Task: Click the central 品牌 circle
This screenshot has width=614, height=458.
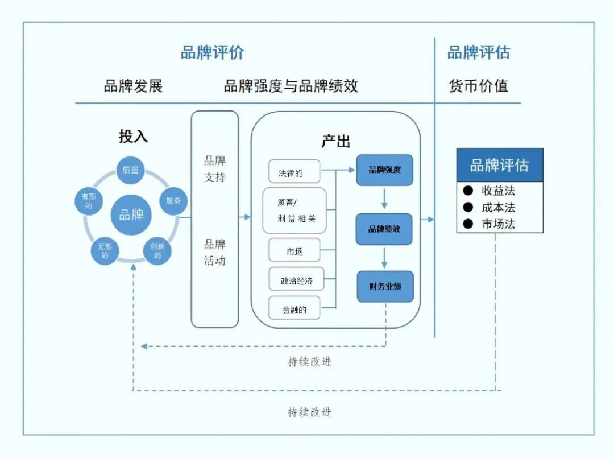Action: [x=131, y=214]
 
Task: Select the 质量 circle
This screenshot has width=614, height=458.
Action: [x=131, y=170]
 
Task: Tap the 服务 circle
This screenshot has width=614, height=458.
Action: [x=173, y=201]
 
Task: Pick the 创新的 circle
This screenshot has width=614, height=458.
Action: [x=157, y=251]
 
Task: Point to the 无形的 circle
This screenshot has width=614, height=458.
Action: [x=105, y=251]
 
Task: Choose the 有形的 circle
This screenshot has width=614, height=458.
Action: [x=89, y=201]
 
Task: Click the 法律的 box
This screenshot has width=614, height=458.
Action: [x=294, y=172]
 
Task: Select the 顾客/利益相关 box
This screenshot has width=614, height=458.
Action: [x=294, y=211]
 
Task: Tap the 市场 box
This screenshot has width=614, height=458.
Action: [x=294, y=251]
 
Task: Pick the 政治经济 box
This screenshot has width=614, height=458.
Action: [x=296, y=280]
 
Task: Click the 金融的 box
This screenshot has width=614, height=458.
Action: [x=294, y=310]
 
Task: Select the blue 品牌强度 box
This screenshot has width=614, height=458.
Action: [x=384, y=170]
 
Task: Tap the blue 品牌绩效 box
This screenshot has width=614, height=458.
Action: [x=384, y=229]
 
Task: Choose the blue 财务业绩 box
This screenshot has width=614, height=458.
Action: [x=385, y=286]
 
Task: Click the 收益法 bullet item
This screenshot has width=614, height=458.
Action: [x=497, y=191]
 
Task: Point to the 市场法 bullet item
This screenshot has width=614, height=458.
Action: [x=497, y=224]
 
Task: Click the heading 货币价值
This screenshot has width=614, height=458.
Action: [x=478, y=86]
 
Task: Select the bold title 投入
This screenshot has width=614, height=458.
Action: [x=133, y=137]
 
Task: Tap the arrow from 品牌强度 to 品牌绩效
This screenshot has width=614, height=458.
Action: [x=384, y=199]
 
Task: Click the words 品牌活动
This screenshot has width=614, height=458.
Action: [x=215, y=253]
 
